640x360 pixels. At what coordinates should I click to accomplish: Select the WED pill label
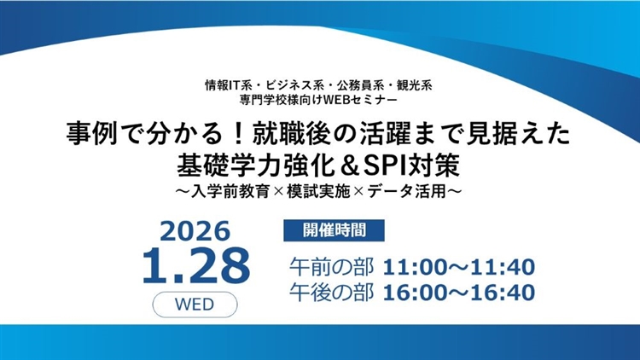pyautogui.click(x=195, y=303)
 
